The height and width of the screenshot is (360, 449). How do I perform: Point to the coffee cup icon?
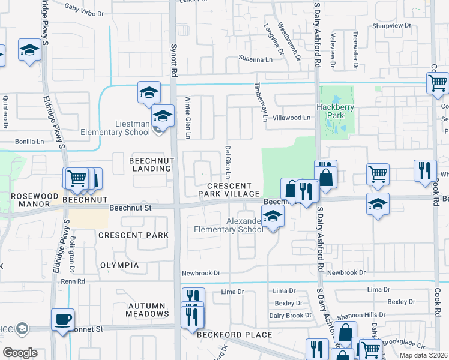tap(62, 320)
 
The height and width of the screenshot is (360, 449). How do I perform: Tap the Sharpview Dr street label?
tap(391, 26)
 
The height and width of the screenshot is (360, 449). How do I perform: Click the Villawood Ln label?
tap(291, 118)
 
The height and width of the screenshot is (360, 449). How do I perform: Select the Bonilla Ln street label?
tap(30, 142)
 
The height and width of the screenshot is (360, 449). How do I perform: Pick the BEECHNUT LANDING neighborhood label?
tap(151, 164)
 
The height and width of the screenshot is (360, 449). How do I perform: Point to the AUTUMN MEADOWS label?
tap(148, 310)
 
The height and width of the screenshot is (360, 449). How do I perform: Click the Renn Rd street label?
tap(72, 281)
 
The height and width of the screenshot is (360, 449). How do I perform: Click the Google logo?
tap(20, 353)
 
